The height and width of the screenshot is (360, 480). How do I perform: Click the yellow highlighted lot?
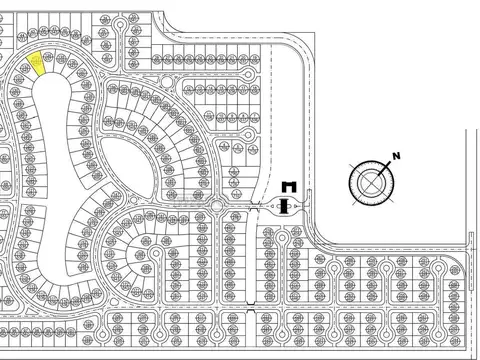point(38,64)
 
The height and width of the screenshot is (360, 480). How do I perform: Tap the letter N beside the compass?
point(396,155)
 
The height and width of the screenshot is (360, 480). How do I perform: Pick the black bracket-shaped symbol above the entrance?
point(287,186)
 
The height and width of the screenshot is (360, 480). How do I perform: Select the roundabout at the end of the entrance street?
point(217,207)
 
